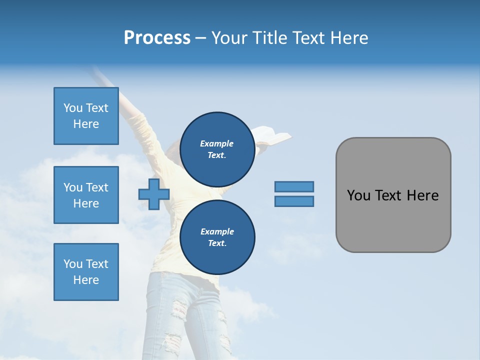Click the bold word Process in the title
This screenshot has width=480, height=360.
pos(157,37)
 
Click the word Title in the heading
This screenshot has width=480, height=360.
pos(268,37)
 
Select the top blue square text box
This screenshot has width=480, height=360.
pos(86,116)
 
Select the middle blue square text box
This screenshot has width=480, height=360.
pos(86,195)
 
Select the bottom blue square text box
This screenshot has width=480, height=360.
pos(86,272)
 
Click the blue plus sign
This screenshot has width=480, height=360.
pos(153,194)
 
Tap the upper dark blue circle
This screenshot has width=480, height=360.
pos(217,149)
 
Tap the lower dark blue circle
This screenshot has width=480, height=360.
pos(217,237)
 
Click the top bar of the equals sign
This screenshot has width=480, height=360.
pos(294,186)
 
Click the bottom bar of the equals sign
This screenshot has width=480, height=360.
pos(294,201)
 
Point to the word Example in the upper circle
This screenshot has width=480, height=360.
pos(216,143)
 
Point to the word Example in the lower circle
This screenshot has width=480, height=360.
pos(217,231)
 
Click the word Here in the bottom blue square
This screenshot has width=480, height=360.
pos(86,280)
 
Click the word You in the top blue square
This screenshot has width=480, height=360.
pos(73,108)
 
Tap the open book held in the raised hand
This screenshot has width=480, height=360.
pos(273,134)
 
